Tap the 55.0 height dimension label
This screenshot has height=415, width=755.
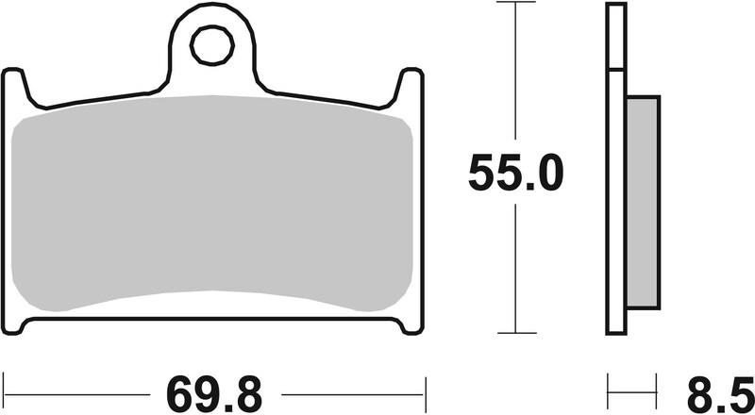click(x=516, y=173)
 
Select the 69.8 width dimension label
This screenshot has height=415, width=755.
click(x=214, y=390)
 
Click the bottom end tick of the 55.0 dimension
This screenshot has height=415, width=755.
click(x=516, y=333)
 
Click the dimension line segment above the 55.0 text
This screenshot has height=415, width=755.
click(x=516, y=75)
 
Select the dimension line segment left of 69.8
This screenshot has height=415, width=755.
click(x=75, y=388)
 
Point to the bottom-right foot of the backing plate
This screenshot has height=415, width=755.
click(x=408, y=324)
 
